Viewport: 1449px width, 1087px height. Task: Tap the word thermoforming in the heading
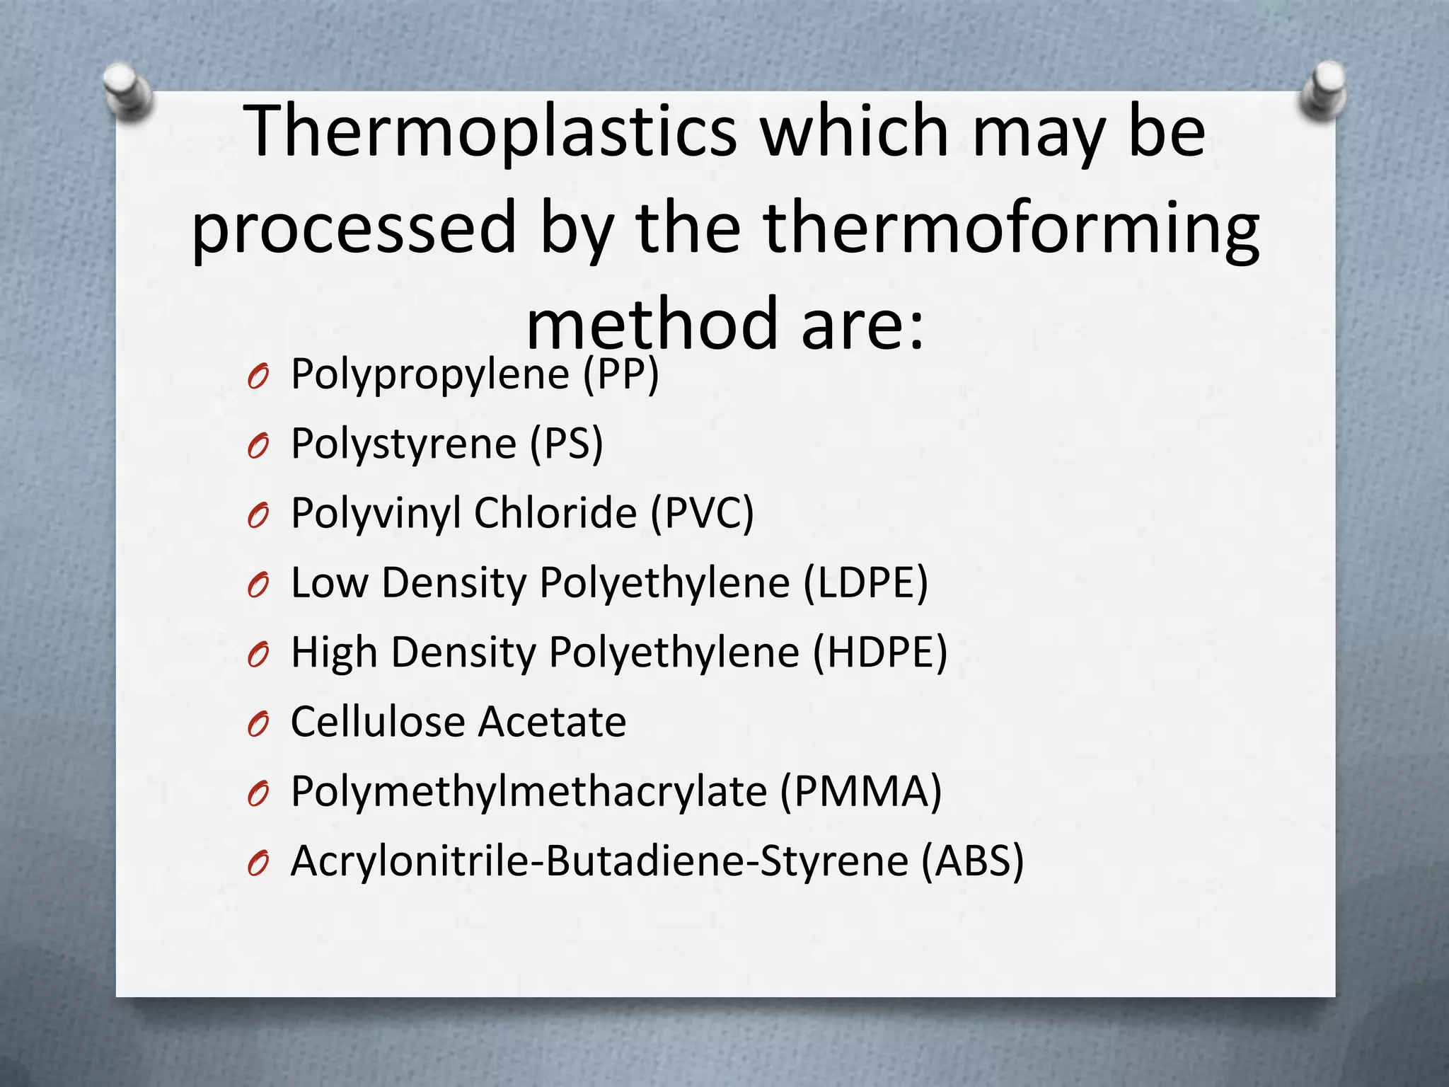(1011, 229)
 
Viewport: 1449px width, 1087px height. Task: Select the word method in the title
(651, 325)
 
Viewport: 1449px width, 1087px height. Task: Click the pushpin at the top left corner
(127, 91)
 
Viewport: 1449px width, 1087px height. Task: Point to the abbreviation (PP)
(620, 374)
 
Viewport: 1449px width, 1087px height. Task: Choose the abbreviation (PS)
(567, 444)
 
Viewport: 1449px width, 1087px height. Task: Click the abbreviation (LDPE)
(865, 583)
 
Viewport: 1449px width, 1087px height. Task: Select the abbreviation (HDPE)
(879, 652)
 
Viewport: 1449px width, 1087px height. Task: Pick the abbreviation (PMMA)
(860, 791)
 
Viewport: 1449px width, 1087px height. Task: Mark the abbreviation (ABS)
(972, 861)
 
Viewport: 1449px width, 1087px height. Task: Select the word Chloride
(555, 513)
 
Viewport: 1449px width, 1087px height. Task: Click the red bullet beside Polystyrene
(258, 447)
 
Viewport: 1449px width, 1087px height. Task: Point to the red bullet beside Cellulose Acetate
(258, 725)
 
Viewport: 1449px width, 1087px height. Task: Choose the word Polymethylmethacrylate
(529, 791)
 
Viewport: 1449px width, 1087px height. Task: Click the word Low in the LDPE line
(329, 583)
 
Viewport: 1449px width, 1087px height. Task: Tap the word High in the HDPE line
(334, 652)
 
